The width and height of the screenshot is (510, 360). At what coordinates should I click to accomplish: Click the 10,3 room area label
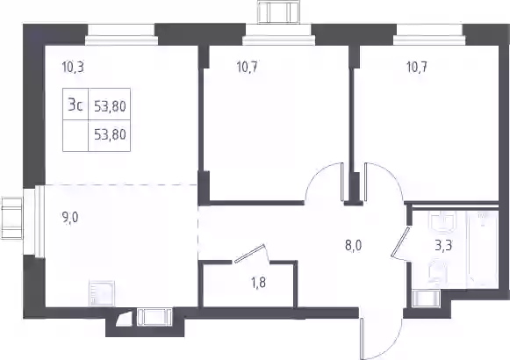[73, 68]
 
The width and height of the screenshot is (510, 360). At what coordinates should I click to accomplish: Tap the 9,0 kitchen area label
[70, 218]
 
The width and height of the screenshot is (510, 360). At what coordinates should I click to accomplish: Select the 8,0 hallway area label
[353, 245]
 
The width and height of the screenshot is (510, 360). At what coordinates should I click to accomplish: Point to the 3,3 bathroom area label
[444, 245]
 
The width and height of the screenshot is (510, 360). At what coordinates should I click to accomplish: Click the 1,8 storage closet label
[259, 283]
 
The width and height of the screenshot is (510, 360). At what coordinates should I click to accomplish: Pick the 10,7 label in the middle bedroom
[248, 68]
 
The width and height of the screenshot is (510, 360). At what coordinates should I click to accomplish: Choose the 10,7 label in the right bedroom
[417, 68]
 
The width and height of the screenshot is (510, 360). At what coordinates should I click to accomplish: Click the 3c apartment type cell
[75, 104]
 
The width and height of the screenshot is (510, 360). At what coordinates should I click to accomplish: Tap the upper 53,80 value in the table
[110, 106]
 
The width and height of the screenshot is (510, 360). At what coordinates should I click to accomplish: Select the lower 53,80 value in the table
[110, 134]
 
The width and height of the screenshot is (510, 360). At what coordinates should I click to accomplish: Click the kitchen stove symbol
[102, 293]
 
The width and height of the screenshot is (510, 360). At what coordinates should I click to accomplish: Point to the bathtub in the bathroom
[482, 249]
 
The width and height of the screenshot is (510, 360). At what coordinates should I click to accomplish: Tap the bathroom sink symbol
[444, 222]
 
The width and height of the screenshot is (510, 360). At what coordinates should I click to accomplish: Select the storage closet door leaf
[249, 253]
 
